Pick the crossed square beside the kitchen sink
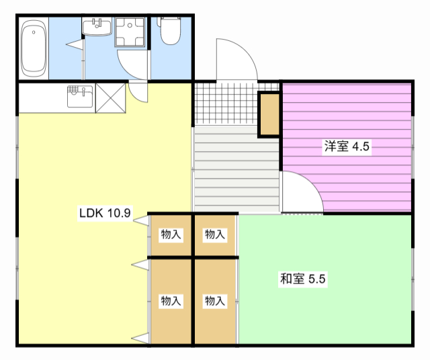tap(110, 98)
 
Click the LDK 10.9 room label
tap(105, 214)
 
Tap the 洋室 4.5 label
tap(347, 147)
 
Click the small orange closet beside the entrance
tap(269, 114)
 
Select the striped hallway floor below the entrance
tap(235, 168)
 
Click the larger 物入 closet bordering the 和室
tap(215, 301)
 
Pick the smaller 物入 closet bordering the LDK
tap(171, 235)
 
